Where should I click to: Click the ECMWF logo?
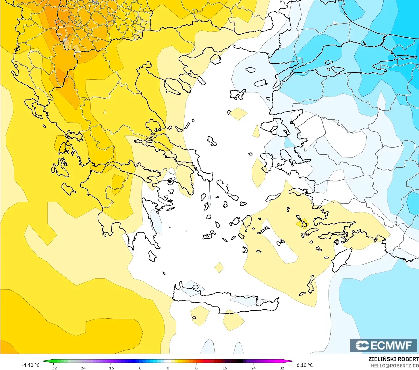click(x=383, y=345)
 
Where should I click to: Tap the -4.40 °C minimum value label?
click(x=30, y=365)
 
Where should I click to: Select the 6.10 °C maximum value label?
click(x=305, y=365)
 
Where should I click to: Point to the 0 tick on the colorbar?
click(x=168, y=368)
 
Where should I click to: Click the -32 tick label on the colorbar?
click(x=53, y=368)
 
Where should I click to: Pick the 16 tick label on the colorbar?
click(x=225, y=368)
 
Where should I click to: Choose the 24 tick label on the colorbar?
click(x=253, y=368)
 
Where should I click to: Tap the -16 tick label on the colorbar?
click(x=111, y=368)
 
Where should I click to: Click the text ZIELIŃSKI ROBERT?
click(x=393, y=359)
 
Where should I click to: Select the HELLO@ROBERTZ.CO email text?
click(x=395, y=366)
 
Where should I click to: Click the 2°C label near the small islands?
click(x=305, y=234)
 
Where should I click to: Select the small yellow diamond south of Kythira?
click(x=219, y=267)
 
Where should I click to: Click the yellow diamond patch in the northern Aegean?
click(x=239, y=114)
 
